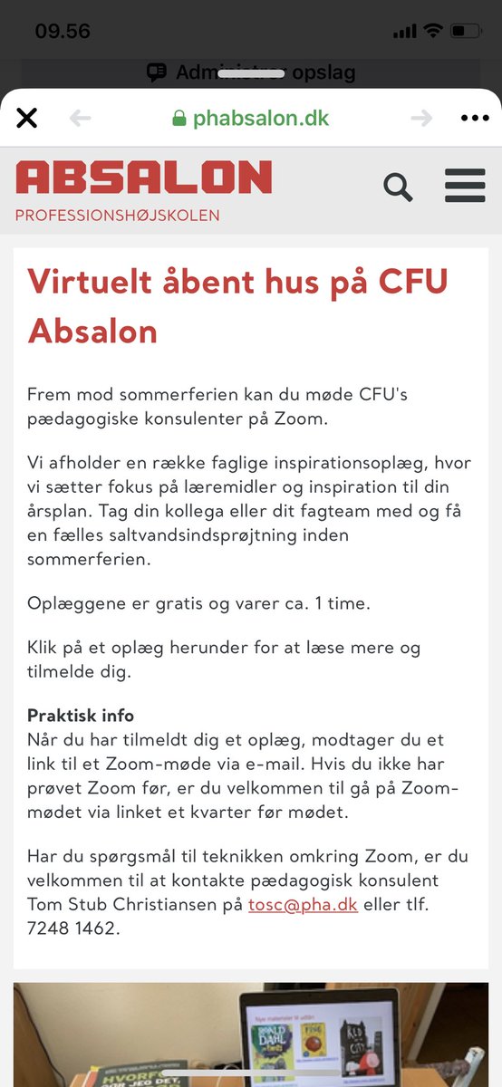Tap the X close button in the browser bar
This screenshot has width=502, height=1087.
(27, 118)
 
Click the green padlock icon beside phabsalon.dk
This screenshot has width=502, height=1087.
(179, 119)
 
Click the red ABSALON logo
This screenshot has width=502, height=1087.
(143, 178)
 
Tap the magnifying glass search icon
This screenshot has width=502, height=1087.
(398, 187)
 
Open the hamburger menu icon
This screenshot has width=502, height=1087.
(465, 186)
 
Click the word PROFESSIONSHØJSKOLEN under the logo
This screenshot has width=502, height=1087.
(117, 216)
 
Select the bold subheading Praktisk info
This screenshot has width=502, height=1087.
(81, 716)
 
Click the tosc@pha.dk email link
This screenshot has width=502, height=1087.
(303, 905)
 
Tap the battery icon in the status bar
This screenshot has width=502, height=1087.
(465, 31)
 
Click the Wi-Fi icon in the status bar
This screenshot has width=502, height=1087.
(432, 31)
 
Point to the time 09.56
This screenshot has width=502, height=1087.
(63, 31)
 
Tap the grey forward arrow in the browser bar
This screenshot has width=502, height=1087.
(421, 118)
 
